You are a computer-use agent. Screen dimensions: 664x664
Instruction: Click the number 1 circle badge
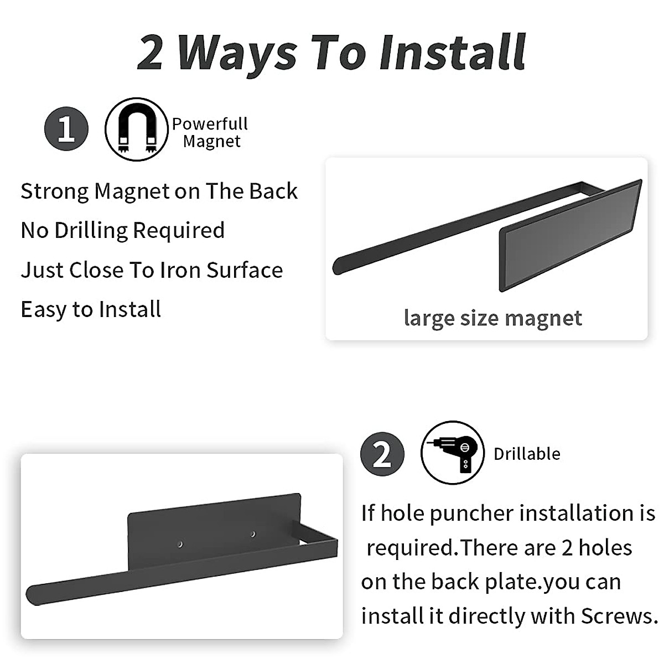click(66, 129)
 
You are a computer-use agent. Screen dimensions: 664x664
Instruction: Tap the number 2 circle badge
click(382, 455)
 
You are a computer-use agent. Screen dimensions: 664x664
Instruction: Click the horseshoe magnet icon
click(136, 129)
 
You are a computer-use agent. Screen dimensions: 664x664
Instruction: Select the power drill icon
click(453, 453)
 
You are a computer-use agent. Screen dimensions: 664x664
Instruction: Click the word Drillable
click(527, 454)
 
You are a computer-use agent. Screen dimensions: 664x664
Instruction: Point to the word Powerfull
click(210, 124)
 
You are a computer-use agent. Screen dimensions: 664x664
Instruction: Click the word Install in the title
click(453, 53)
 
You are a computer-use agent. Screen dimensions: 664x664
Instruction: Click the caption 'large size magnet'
click(492, 318)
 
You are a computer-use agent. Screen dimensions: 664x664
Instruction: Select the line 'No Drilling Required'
click(123, 230)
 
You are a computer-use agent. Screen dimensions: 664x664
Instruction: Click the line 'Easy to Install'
click(91, 309)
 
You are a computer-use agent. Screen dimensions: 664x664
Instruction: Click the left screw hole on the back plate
click(180, 545)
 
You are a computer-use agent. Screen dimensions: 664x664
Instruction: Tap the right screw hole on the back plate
click(253, 534)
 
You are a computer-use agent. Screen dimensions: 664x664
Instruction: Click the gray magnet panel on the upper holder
click(570, 235)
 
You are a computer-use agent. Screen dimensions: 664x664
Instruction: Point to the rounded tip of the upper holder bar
click(338, 266)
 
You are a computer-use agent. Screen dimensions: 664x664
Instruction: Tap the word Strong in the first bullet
click(54, 191)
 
